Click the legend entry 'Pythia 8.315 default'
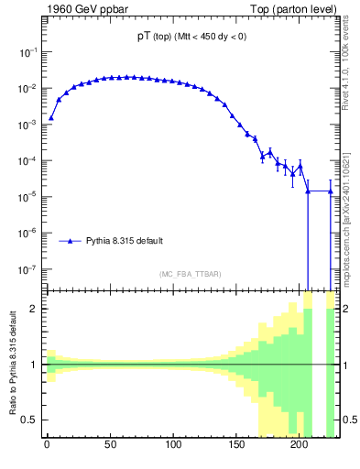125,241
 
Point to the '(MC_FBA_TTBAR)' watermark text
190,274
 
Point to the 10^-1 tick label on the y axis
28,53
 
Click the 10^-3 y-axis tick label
28,125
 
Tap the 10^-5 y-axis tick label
28,198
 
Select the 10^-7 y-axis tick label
28,270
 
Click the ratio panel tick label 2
35,309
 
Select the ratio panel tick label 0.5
31,420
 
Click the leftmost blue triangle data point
51,117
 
